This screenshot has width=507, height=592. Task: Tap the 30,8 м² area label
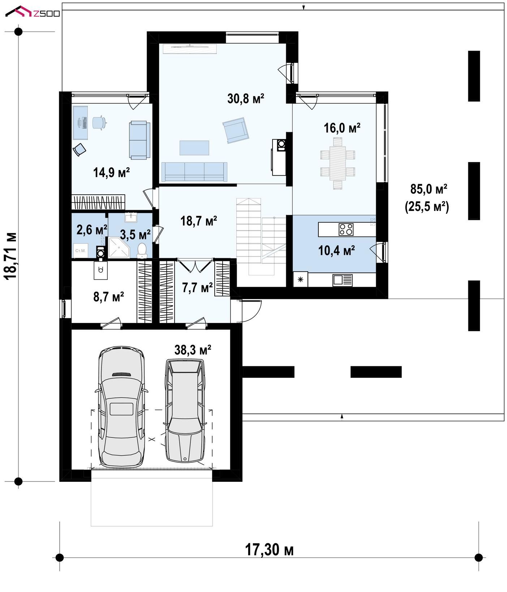coord(246,98)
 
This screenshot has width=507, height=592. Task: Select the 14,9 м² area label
coord(111,172)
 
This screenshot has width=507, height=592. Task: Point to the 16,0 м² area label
coord(342,128)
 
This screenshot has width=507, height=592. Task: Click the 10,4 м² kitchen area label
coord(336,250)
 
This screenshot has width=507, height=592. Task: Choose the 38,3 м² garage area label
coord(193,350)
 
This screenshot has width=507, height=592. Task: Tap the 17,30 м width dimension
coord(269,550)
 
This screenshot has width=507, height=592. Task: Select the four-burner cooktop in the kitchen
coord(346,229)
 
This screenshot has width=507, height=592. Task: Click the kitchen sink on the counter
coord(342,280)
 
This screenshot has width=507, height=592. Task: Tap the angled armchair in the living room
coord(236,130)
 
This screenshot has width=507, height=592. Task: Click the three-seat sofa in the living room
coord(194,172)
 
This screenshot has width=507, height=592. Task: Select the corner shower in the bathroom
coord(119,247)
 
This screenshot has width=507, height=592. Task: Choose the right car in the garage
coord(184,410)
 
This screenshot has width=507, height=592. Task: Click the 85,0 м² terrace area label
coord(429,189)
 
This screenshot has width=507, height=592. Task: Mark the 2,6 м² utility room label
coord(92,230)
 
